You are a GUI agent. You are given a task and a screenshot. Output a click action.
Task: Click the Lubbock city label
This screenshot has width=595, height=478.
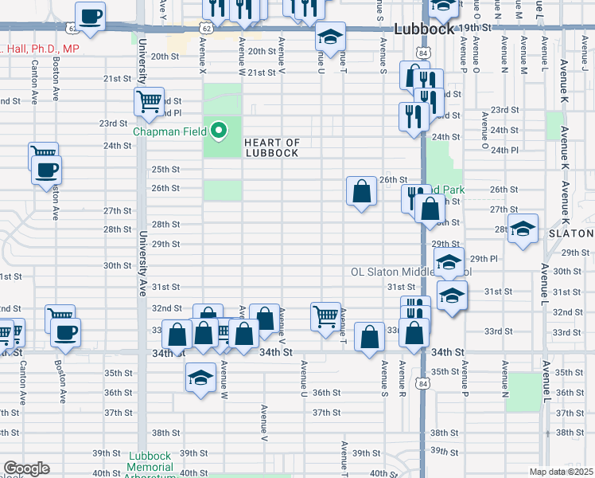[424, 29]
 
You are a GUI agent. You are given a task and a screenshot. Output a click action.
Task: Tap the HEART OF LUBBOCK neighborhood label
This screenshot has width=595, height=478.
[271, 147]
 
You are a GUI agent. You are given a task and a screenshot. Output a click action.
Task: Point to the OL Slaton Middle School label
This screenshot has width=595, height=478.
[412, 272]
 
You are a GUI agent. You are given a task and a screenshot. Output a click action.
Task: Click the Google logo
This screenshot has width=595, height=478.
[26, 468]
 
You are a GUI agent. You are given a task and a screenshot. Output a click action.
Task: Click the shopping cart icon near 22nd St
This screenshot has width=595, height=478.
[149, 102]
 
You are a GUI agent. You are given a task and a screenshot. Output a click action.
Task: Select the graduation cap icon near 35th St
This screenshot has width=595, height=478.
[201, 378]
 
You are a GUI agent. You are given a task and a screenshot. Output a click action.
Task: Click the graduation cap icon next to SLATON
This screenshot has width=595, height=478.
[523, 229]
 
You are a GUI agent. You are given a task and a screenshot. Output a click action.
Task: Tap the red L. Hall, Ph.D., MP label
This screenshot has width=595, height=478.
[39, 49]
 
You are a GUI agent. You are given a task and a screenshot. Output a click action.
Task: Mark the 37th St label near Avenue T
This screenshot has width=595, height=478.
[326, 413]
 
